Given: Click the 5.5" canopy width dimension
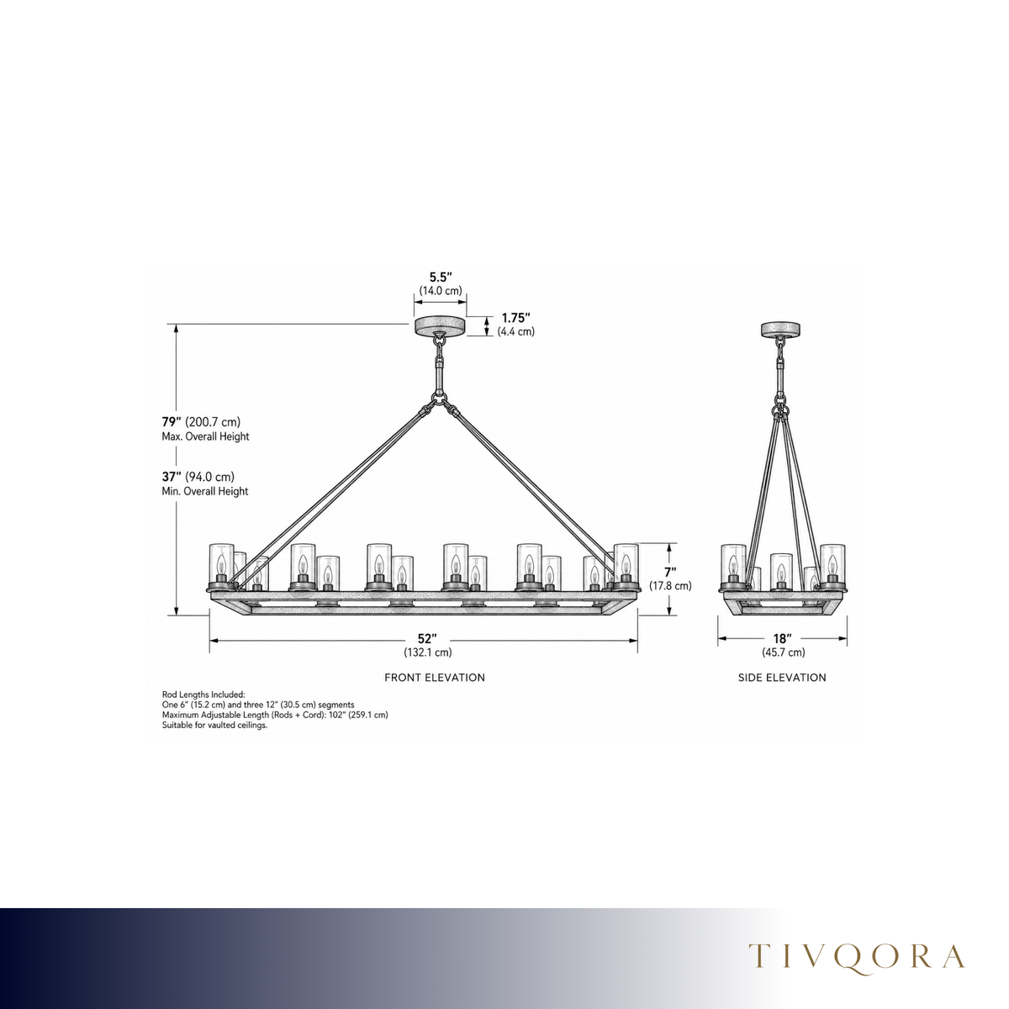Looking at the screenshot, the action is tap(440, 277).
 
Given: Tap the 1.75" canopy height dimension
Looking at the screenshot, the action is tap(515, 318).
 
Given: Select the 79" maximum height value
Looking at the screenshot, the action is tap(172, 421).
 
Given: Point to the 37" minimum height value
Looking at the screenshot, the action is tap(172, 477).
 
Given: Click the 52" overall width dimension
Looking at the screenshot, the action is tap(427, 639).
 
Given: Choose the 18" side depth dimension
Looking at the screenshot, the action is tap(782, 639).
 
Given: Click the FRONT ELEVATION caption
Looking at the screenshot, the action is tap(435, 678).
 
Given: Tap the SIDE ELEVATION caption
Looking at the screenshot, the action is tap(782, 678).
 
